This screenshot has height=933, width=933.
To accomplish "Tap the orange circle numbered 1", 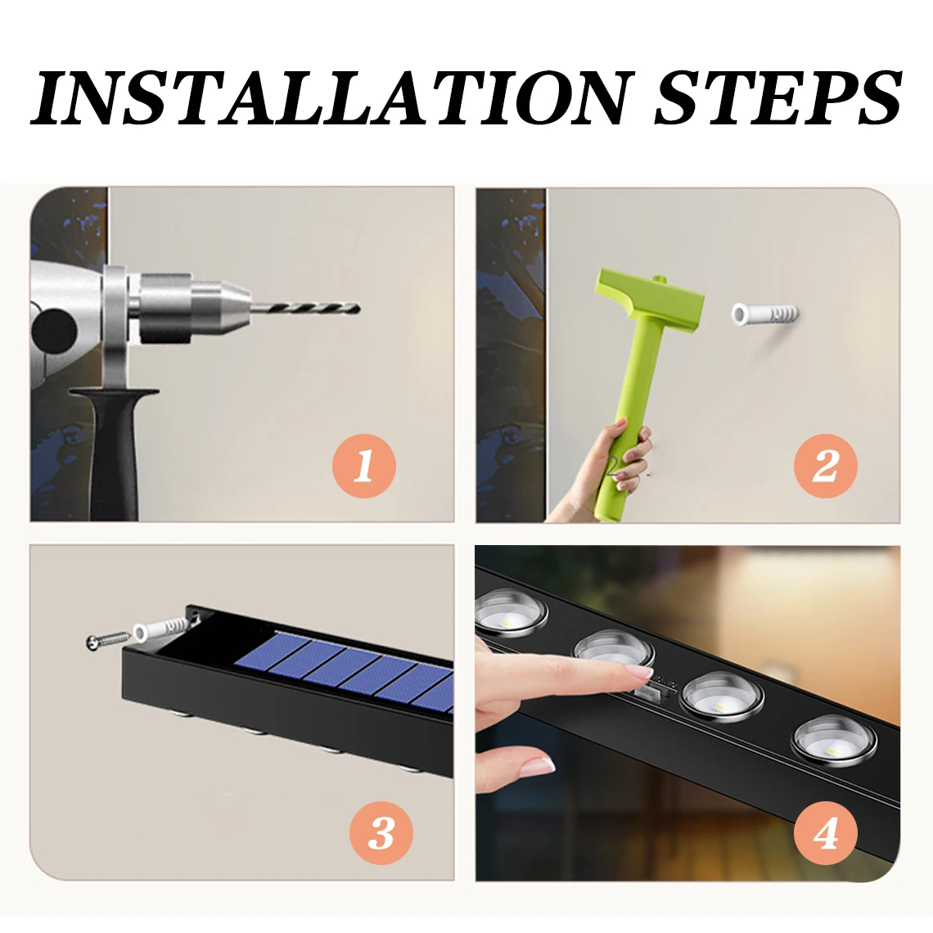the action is coord(364,466).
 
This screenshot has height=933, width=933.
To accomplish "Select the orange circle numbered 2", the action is coord(825,466).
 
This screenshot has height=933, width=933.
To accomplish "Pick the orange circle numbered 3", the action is coord(381,832).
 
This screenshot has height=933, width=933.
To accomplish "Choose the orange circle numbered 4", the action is coord(825,832).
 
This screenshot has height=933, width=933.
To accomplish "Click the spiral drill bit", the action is coord(304,309).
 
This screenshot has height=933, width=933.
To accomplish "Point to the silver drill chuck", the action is coord(191,309).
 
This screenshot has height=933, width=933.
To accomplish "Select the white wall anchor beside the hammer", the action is coord(764,314).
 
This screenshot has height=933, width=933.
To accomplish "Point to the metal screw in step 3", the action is coord(108,640).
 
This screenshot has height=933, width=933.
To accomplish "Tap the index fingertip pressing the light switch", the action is coord(637,673).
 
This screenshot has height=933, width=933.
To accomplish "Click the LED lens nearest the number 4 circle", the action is coord(834,741).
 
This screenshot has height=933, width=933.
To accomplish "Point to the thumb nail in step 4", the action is coord(538,766).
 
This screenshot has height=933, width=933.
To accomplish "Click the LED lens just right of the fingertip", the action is coord(721,697).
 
